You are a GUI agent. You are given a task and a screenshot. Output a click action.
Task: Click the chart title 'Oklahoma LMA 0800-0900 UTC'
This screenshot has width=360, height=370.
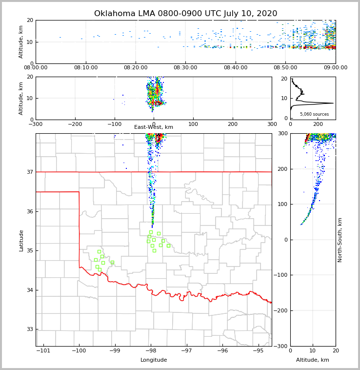(x=185, y=14)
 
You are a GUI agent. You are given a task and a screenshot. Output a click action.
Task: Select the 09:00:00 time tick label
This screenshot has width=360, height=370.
(x=335, y=68)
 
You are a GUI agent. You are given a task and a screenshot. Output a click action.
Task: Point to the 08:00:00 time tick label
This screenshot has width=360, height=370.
(x=36, y=68)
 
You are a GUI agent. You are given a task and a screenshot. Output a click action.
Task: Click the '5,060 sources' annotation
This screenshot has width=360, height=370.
(x=314, y=114)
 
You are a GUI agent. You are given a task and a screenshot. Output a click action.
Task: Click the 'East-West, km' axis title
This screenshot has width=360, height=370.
(x=154, y=127)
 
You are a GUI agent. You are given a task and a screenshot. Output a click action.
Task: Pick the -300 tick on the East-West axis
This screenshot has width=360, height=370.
(x=36, y=124)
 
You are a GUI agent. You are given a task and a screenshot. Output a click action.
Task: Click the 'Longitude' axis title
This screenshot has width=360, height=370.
(x=154, y=360)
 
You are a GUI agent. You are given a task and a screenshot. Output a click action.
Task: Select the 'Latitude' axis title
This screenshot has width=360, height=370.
(x=21, y=240)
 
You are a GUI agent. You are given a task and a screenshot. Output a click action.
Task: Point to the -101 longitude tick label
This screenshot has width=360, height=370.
(x=43, y=351)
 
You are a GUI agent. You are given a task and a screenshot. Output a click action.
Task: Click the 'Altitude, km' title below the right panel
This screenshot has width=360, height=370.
(x=313, y=360)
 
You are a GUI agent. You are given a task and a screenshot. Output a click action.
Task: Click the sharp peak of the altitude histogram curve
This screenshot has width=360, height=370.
(x=333, y=103)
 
